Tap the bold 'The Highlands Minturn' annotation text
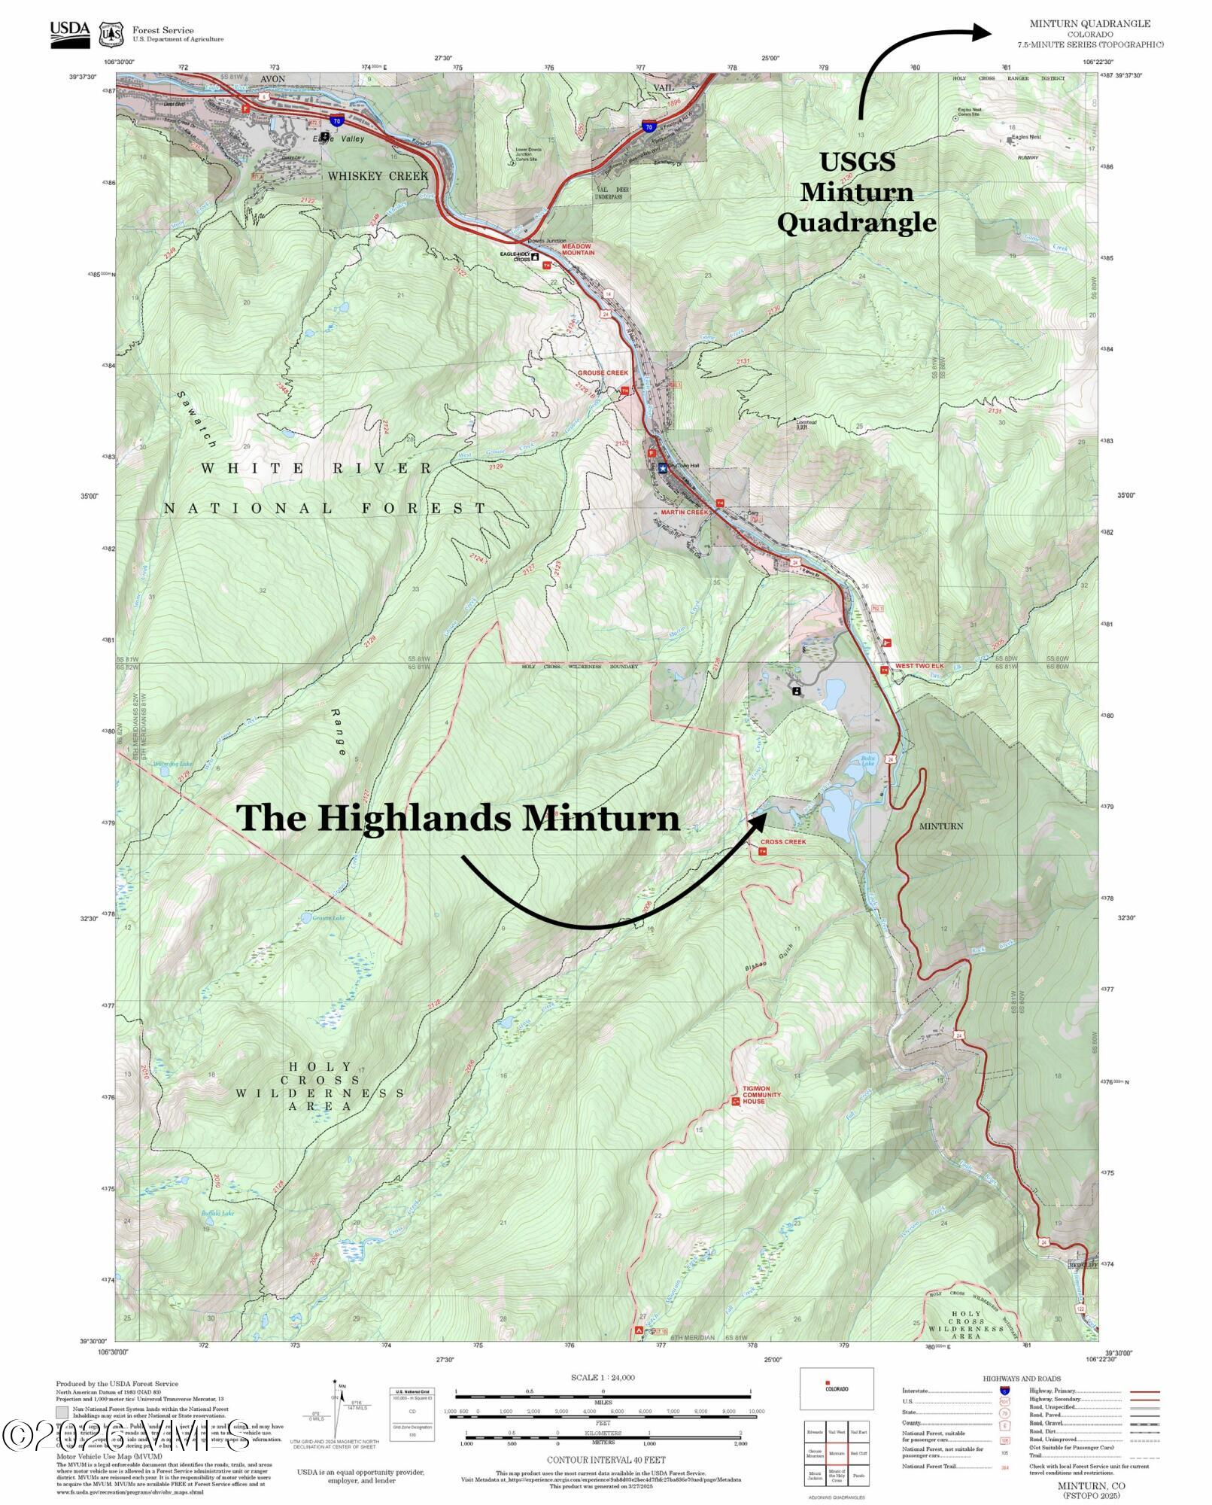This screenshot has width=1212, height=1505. click(458, 818)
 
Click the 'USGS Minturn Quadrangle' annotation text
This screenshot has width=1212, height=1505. click(857, 192)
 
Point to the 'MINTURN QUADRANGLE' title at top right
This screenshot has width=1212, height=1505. click(1089, 24)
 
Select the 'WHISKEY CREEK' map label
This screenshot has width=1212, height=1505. click(377, 176)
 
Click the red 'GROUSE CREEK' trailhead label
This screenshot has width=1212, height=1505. click(602, 373)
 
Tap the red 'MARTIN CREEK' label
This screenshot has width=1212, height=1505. click(685, 512)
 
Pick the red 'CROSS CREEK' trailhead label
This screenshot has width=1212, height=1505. click(782, 842)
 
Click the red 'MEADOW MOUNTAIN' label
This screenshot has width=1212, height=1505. click(578, 249)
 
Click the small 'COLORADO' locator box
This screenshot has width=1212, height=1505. click(836, 1388)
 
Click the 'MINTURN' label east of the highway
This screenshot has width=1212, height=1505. click(940, 826)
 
